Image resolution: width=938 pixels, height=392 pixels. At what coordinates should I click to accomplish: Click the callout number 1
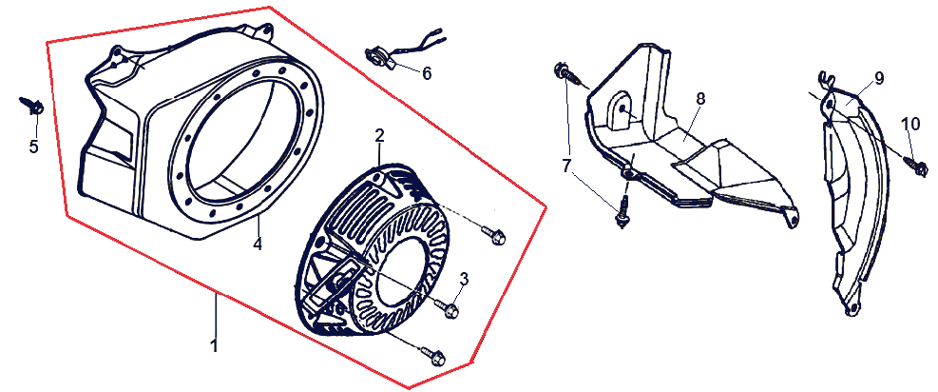(214, 345)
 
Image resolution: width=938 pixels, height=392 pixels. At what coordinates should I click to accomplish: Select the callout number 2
(379, 136)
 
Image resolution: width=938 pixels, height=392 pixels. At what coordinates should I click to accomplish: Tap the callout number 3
(464, 278)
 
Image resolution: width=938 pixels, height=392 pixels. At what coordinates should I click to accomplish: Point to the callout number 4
(258, 245)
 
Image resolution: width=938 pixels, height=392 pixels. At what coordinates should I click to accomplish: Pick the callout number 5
(34, 146)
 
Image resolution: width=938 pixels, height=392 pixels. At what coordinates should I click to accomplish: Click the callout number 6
(426, 73)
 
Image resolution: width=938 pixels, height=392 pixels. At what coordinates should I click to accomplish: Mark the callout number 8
(700, 99)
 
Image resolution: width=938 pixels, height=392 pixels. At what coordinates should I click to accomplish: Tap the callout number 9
(878, 78)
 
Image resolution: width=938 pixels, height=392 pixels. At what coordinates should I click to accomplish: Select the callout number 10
(911, 124)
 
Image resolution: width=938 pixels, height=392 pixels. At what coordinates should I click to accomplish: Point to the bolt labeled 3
(447, 308)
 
